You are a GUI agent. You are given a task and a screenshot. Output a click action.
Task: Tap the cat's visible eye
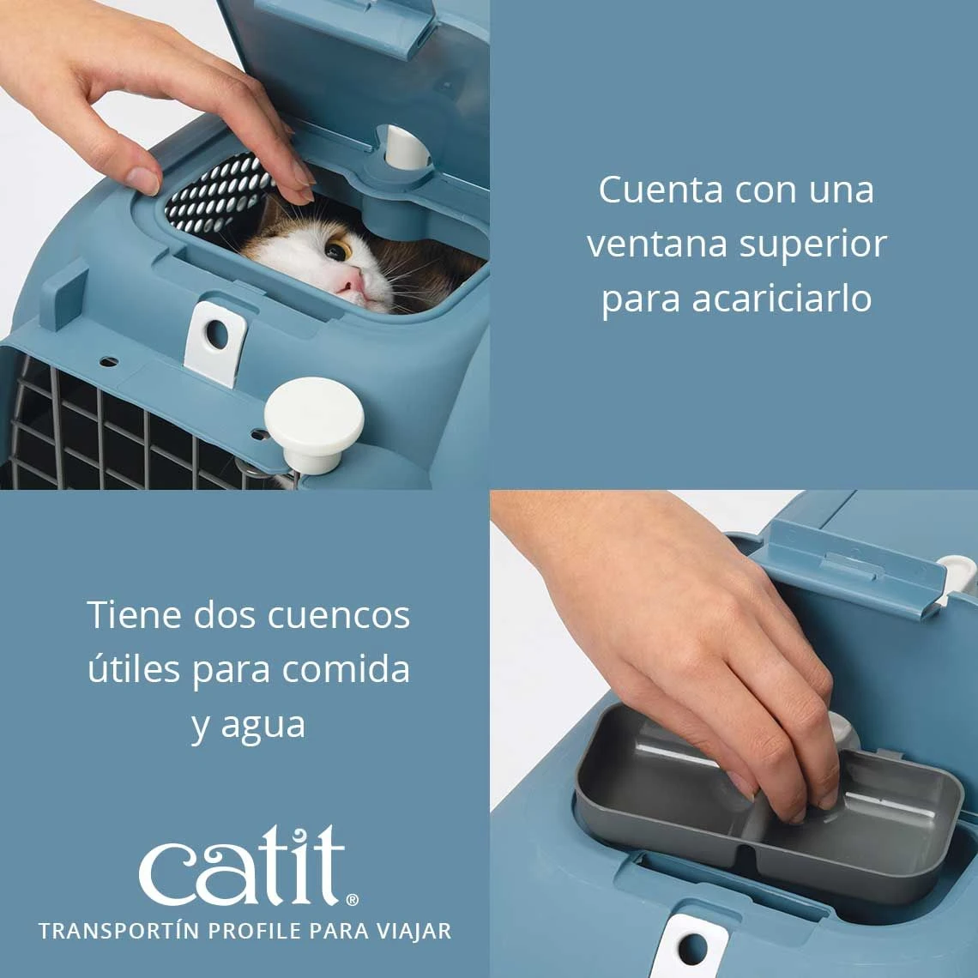point(338,251)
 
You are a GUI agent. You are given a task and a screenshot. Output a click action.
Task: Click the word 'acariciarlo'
point(782,299)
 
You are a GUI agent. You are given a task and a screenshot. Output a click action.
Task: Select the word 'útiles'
point(133,669)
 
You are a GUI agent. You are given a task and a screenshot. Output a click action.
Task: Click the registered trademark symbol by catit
point(353,899)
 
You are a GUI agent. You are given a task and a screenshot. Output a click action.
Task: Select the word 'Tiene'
point(133,615)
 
